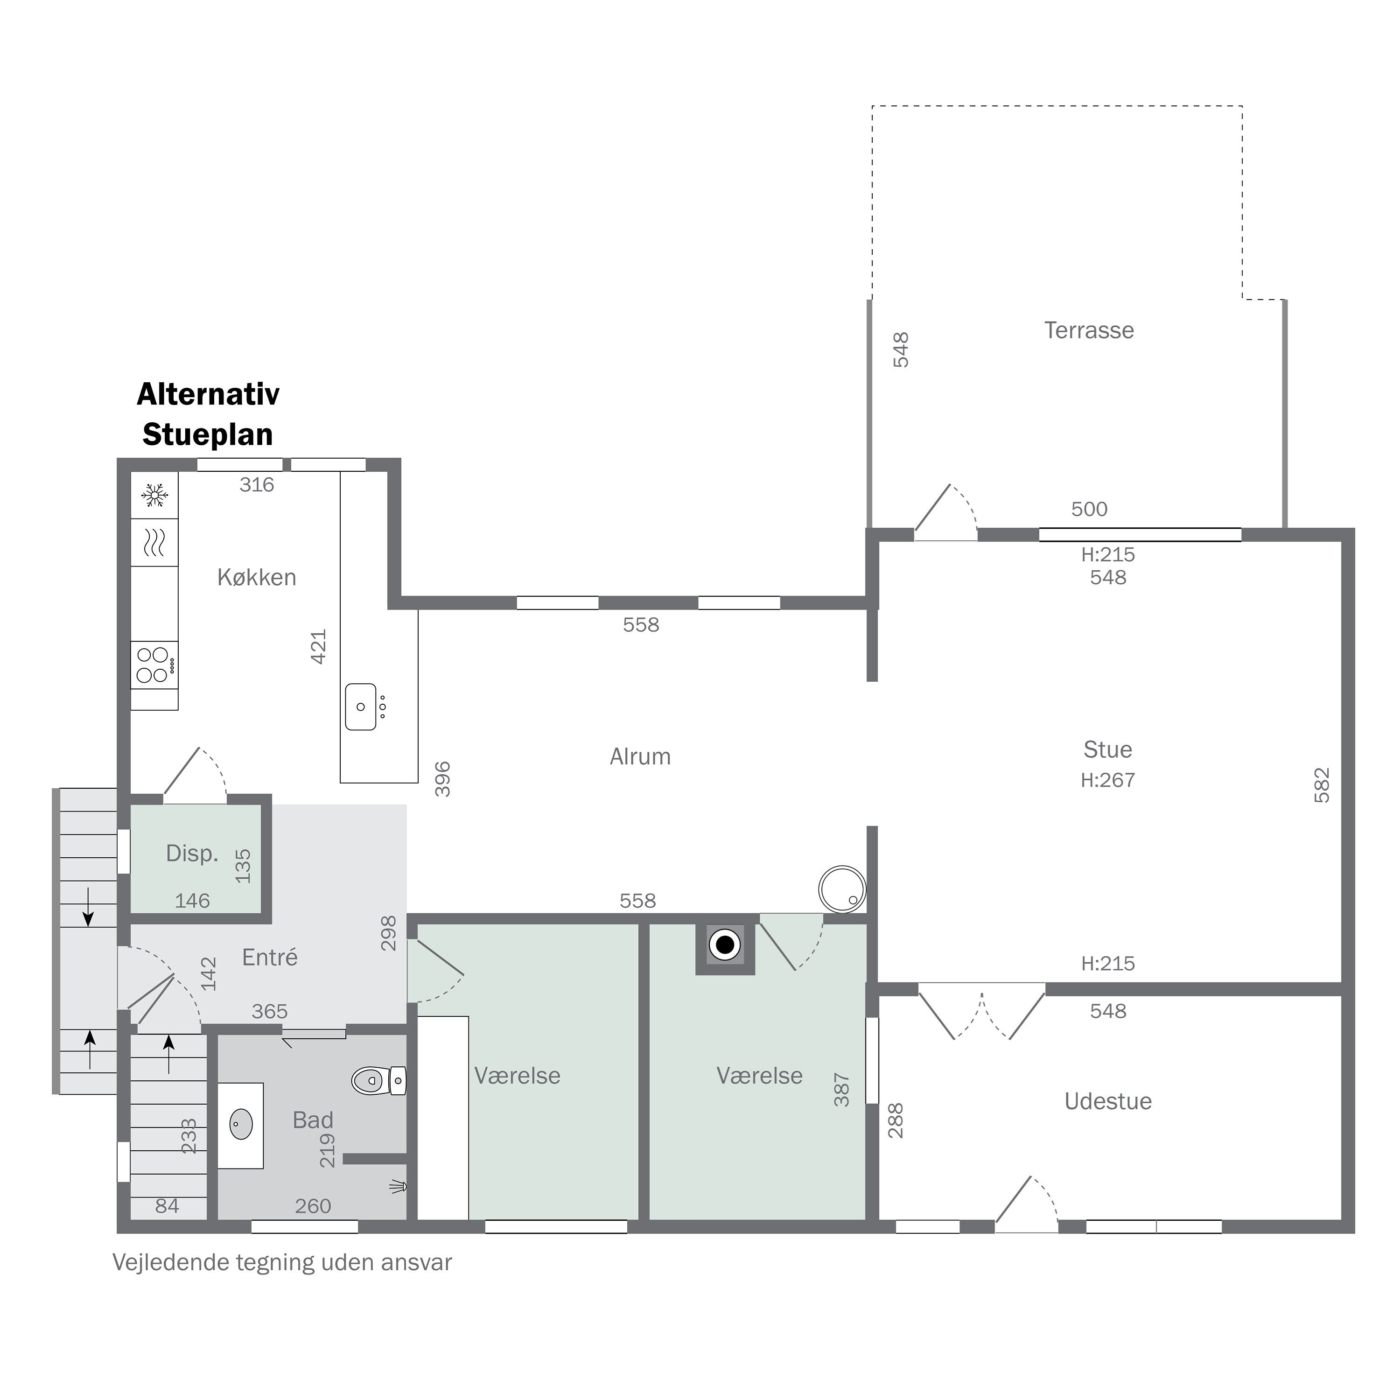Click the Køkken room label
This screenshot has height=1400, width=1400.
click(x=257, y=578)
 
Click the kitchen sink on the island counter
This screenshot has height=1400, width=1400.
click(x=361, y=707)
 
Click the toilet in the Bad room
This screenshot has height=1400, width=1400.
click(x=379, y=1080)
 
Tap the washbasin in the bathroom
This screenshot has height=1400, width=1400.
click(x=241, y=1125)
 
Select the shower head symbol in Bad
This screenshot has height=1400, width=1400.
click(x=398, y=1186)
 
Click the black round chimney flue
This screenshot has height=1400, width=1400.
click(x=725, y=945)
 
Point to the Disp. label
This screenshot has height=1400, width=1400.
click(x=192, y=853)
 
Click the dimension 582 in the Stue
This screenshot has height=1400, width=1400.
click(x=1322, y=785)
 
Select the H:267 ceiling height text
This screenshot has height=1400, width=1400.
click(x=1108, y=780)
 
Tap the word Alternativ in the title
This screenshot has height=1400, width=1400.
click(x=208, y=394)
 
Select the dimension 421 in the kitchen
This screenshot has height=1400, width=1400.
click(x=319, y=646)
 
